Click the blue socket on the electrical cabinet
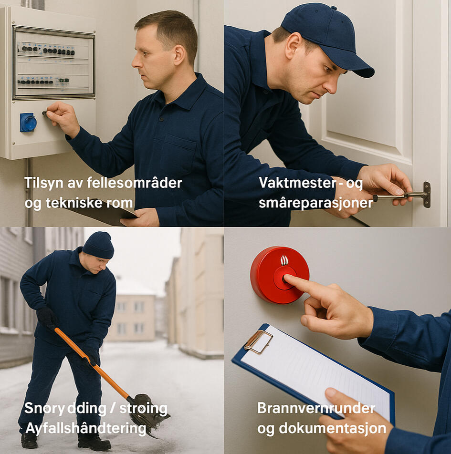[28, 122]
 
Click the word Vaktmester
[297, 183]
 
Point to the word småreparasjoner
[315, 203]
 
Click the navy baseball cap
[326, 38]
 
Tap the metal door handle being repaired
[403, 196]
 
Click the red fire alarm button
[279, 275]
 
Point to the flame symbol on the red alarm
[284, 260]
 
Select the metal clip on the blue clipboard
[258, 341]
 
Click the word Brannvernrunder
[316, 408]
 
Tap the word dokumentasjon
[333, 429]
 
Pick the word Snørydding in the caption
[65, 409]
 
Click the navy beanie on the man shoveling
[98, 245]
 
